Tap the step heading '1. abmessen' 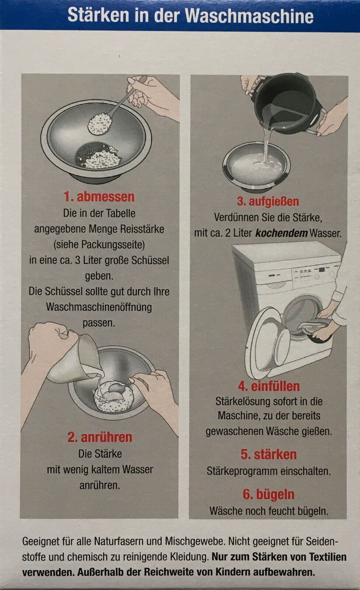pyautogui.click(x=99, y=197)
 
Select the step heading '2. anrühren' pyautogui.click(x=100, y=437)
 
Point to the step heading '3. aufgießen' pyautogui.click(x=268, y=201)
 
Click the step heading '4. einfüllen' pyautogui.click(x=269, y=386)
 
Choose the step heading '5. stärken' pyautogui.click(x=269, y=454)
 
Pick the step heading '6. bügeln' pyautogui.click(x=269, y=494)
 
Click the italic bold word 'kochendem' pyautogui.click(x=281, y=233)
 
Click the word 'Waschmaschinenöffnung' pyautogui.click(x=99, y=307)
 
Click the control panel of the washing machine pyautogui.click(x=314, y=274)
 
